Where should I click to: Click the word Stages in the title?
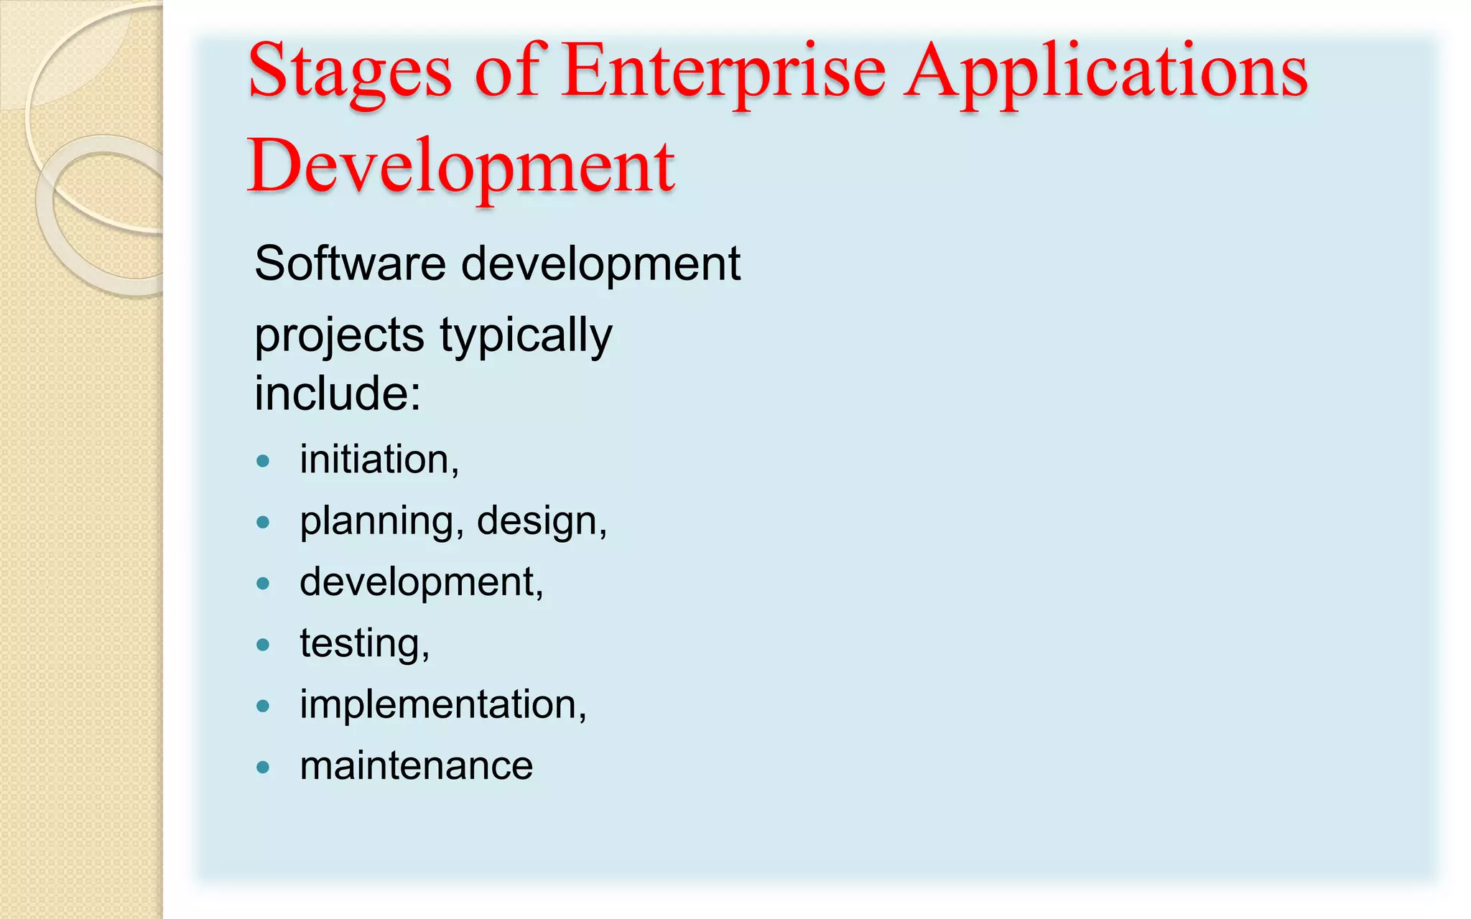(350, 72)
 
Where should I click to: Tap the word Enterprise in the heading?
(723, 72)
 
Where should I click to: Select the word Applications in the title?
(1105, 72)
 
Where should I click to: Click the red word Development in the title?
(460, 167)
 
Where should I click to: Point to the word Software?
(350, 263)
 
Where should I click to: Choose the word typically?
(526, 336)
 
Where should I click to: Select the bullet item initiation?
(379, 459)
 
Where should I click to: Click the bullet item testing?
(364, 643)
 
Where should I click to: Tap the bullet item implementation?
(442, 704)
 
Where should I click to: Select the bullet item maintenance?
(416, 765)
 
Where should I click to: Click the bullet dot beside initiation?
(263, 461)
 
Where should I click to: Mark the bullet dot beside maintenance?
(263, 768)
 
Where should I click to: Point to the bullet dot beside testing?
(263, 645)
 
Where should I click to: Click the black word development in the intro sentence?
(600, 263)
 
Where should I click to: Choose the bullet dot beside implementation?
(263, 706)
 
